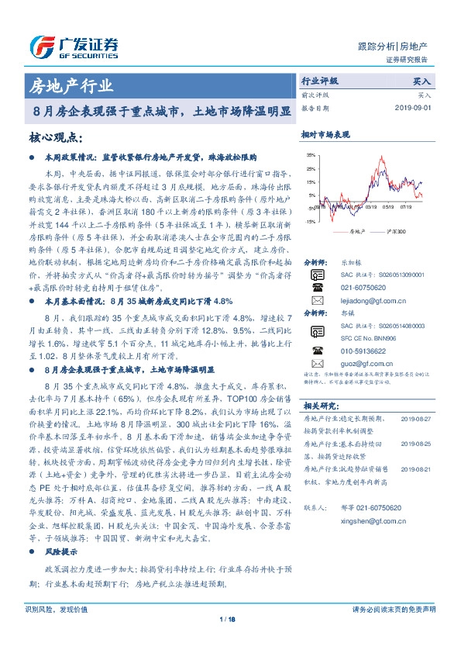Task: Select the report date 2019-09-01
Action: (415, 108)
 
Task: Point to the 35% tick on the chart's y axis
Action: (311, 155)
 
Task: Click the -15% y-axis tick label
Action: (311, 222)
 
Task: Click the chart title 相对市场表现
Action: (323, 135)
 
